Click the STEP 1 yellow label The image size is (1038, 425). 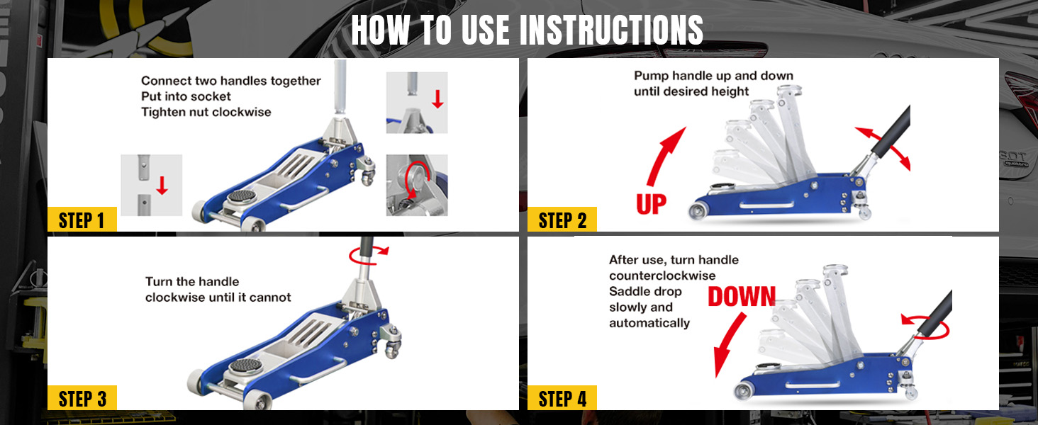coord(82,220)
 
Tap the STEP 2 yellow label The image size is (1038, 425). coord(562,220)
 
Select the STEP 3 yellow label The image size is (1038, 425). coord(82,397)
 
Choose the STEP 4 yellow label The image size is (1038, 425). coord(562,397)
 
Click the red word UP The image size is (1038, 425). coord(651,204)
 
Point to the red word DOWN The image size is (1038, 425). coord(742,296)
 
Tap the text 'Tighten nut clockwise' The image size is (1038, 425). coord(206,112)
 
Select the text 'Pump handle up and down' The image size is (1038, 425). coord(713,76)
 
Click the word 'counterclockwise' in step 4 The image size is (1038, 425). coord(662,276)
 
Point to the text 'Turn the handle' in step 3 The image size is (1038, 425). coord(192,281)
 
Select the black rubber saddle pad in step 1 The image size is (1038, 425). coord(242,196)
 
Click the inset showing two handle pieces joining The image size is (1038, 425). coord(152,185)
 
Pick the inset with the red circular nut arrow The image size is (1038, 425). coord(417,185)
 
